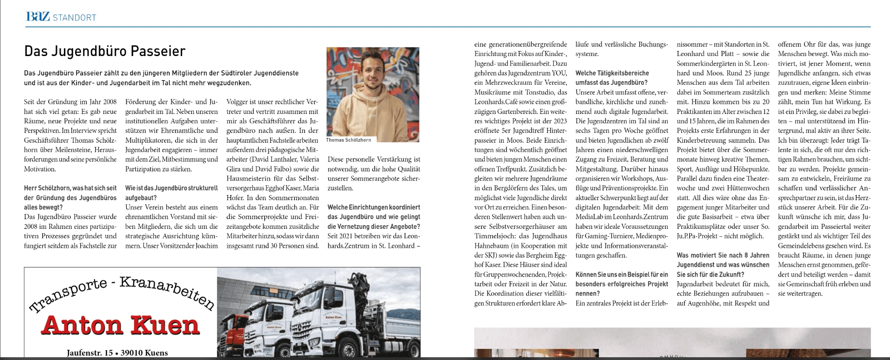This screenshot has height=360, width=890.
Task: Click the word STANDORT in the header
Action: pos(75,18)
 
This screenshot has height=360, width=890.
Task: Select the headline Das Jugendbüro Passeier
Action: pos(105,51)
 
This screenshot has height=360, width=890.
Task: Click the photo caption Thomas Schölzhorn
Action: pos(348,139)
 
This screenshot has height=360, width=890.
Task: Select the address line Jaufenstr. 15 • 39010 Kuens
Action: pos(117,353)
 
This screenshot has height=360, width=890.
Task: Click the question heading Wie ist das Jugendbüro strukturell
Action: pos(172,188)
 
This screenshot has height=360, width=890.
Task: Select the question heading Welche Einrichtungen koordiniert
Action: pos(374,207)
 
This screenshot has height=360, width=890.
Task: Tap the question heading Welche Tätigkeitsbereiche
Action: pos(612,73)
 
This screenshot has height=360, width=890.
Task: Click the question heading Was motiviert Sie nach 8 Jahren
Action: pos(723,255)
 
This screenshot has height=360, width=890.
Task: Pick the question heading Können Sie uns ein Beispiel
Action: pos(622,274)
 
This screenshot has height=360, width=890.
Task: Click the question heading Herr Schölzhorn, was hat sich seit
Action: pos(70,188)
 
